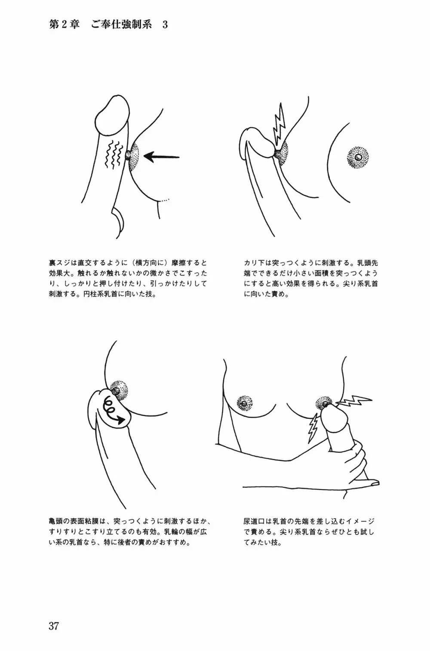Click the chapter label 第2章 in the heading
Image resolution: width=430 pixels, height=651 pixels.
tap(64, 25)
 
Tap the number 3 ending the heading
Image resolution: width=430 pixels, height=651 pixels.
tap(165, 25)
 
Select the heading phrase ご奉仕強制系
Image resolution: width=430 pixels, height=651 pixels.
tap(121, 25)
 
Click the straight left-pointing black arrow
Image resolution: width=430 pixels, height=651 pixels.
tap(162, 157)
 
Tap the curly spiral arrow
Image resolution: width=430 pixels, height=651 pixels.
tap(114, 411)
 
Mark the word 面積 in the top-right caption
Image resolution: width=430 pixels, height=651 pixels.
tap(331, 273)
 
